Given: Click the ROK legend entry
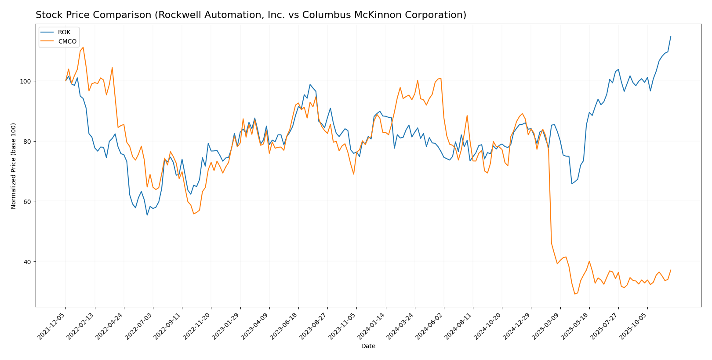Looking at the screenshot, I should point(64,33).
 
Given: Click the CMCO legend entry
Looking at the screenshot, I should point(67,42).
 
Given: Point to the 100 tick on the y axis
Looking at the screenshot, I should point(28,81).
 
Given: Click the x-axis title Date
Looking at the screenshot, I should point(368,346).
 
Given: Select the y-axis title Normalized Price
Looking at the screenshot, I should point(14,166).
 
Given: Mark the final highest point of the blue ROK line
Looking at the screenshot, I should point(671,36).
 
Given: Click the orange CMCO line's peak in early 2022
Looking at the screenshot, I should point(83,47).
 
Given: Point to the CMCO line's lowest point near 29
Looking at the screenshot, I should point(574,294).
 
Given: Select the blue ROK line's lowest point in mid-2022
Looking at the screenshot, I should point(147,215).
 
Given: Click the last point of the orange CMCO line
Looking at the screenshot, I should point(671,270).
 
